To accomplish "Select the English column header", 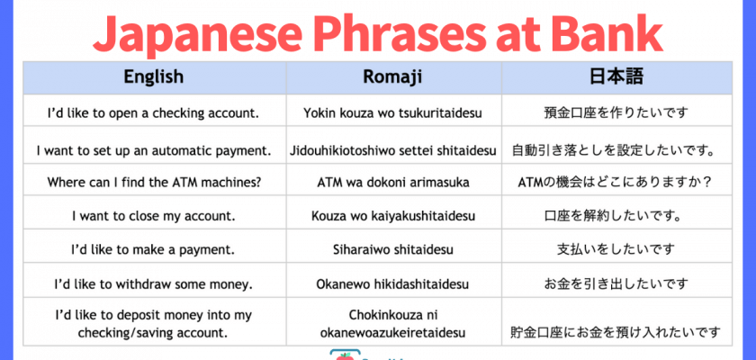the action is click(154, 76).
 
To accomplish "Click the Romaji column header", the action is click(393, 77).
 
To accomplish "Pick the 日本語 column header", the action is click(616, 76).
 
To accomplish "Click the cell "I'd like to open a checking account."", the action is click(153, 113).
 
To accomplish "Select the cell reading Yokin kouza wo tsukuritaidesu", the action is click(393, 113).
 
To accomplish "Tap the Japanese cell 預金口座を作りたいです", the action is click(616, 113).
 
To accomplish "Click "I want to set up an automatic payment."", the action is click(154, 150).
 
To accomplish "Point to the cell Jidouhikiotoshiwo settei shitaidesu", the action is click(393, 150).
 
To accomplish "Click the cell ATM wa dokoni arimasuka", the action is click(393, 182).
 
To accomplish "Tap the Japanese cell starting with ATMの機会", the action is click(616, 183).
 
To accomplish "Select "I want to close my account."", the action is click(154, 216).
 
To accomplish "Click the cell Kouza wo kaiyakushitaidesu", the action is click(393, 216).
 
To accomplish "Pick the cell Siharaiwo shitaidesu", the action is click(393, 249).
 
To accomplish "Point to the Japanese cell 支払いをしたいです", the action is click(616, 249).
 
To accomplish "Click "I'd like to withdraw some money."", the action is click(153, 283).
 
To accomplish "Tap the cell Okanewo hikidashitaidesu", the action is click(393, 283).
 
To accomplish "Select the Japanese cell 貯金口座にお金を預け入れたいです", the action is click(616, 332).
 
